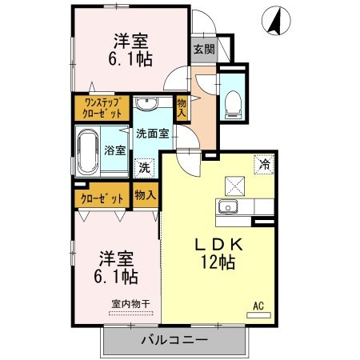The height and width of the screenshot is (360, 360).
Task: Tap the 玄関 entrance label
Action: (203, 48)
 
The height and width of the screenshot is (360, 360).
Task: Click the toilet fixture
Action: (234, 100)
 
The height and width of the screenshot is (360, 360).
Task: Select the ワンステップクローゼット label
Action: (102, 106)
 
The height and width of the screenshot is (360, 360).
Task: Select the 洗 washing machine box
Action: (144, 168)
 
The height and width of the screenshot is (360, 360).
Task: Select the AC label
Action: (258, 305)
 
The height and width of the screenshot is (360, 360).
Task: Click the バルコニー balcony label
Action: (174, 340)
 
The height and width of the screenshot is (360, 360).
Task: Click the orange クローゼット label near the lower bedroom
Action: (102, 198)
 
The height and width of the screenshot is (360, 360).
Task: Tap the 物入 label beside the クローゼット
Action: (145, 196)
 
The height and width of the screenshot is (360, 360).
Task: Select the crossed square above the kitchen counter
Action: (235, 185)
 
